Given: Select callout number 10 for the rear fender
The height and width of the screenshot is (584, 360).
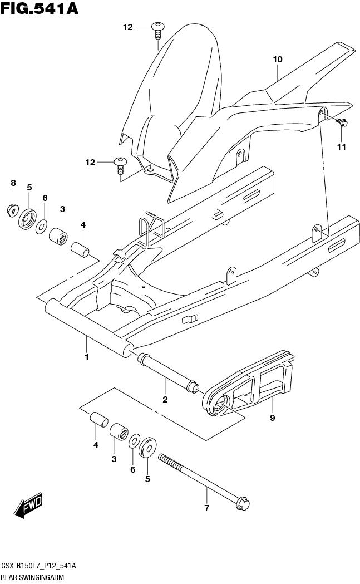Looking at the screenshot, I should pyautogui.click(x=278, y=59).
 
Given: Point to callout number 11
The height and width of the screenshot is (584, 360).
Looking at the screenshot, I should pyautogui.click(x=341, y=146).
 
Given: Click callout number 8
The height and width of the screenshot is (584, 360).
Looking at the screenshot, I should pyautogui.click(x=13, y=183).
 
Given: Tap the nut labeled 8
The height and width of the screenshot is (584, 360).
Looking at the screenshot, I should pyautogui.click(x=12, y=210).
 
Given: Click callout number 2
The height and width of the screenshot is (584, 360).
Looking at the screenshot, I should pyautogui.click(x=165, y=399).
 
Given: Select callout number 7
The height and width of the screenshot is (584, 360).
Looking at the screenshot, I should pyautogui.click(x=206, y=508).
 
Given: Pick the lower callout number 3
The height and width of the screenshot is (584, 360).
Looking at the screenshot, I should pyautogui.click(x=114, y=459).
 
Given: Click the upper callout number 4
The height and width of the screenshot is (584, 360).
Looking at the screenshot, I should pyautogui.click(x=82, y=224).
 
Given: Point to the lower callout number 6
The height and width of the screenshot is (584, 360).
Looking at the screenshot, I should pyautogui.click(x=132, y=469).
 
